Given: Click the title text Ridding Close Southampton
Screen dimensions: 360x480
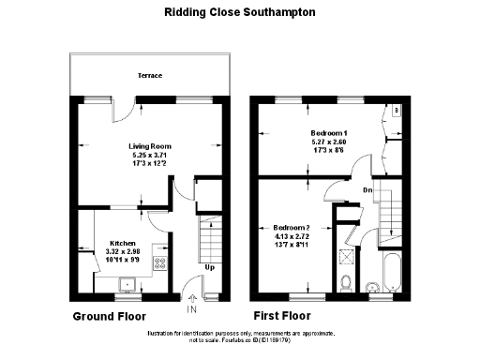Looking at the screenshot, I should tap(240, 13).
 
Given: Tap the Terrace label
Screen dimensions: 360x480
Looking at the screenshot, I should tap(150, 74).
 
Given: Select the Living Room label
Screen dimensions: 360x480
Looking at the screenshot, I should tap(150, 146).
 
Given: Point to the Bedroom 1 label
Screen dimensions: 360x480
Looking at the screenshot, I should tap(329, 133).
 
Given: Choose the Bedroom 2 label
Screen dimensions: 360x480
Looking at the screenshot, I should tap(290, 227).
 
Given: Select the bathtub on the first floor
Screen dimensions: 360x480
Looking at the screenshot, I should tap(393, 276).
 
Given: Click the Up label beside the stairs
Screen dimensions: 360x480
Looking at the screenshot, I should tap(210, 267).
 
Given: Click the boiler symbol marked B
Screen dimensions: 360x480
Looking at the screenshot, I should tap(397, 110).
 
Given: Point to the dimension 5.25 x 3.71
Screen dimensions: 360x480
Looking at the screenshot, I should tap(150, 155).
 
